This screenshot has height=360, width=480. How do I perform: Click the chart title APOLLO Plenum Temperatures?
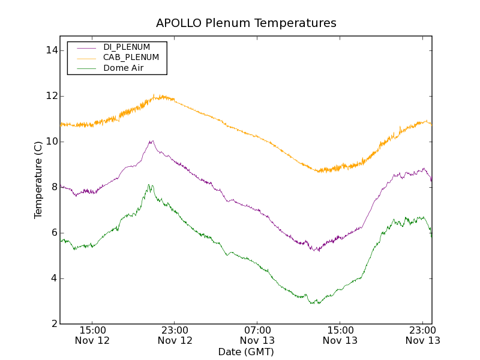246,23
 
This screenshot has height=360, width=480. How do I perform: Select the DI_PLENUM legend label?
127,47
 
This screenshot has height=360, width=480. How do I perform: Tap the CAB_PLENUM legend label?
131,58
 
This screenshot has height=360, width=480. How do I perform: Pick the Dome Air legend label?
124,68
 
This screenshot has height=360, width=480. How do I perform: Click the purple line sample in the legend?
86,47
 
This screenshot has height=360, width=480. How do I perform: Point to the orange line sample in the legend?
86,58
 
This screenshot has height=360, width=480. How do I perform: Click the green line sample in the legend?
86,68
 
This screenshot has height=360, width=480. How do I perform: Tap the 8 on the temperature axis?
54,187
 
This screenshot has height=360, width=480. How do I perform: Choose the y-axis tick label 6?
54,233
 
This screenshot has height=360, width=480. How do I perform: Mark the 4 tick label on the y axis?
54,278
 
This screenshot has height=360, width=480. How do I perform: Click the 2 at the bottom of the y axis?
54,324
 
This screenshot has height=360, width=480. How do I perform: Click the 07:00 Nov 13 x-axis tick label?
257,335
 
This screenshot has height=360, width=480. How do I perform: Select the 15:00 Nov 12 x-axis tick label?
92,335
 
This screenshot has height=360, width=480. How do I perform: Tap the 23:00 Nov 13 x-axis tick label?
422,335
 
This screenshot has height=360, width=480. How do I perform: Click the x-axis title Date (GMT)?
246,352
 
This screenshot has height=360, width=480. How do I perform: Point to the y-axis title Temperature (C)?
38,180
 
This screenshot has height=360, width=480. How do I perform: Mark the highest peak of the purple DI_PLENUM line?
152,141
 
